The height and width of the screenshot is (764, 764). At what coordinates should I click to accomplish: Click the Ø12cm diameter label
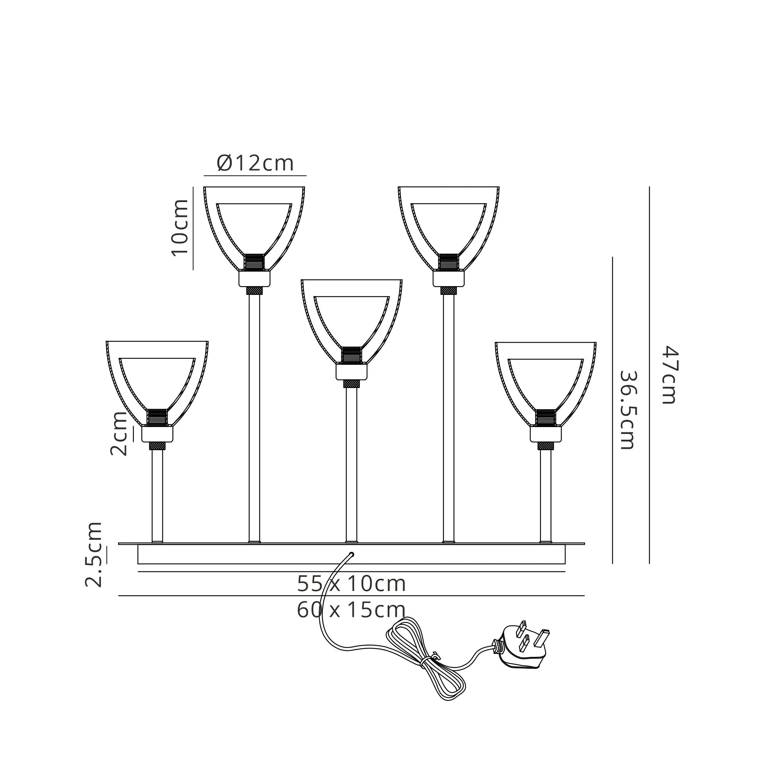[x=256, y=163]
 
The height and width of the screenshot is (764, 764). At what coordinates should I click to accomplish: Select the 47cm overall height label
[x=670, y=375]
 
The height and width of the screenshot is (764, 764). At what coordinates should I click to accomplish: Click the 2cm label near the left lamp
[x=119, y=434]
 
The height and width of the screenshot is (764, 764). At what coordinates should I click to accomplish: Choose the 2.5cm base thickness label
[x=94, y=554]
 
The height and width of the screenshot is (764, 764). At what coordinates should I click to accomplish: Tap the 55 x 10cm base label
[x=351, y=584]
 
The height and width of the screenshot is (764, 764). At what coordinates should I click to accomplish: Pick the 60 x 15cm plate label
[x=351, y=610]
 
